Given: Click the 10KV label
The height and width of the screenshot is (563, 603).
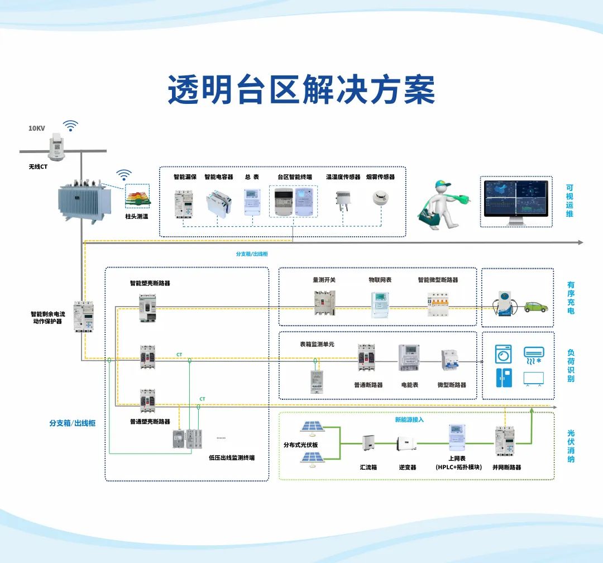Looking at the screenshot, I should (x=37, y=128).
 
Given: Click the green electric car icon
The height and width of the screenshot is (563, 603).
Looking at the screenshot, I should (x=535, y=307).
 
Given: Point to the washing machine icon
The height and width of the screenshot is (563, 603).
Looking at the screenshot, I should (x=503, y=354).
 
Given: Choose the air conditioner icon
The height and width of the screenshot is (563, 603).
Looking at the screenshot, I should (x=534, y=354).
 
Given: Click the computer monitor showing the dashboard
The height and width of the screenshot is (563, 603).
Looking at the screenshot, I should (x=516, y=202).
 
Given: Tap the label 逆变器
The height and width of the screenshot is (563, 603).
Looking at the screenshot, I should (x=408, y=467).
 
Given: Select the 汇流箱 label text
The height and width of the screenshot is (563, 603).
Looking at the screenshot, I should (x=368, y=467).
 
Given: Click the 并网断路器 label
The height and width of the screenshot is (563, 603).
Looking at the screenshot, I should (x=507, y=467).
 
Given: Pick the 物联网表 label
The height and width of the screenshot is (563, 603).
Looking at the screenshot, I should (x=380, y=279).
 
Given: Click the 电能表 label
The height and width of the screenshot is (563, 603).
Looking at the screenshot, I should (x=410, y=385).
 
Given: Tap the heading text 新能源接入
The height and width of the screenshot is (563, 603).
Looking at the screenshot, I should (x=410, y=419).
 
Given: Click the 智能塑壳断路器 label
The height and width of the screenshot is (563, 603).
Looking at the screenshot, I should (x=150, y=283).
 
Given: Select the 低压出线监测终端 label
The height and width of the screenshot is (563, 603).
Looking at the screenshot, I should (x=232, y=457).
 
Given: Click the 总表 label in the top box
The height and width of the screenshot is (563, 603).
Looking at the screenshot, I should (x=252, y=177).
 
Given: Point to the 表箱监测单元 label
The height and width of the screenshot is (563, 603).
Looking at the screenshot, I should (x=318, y=345).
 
